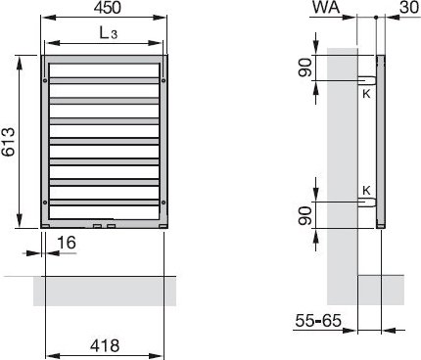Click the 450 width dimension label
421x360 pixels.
click(108, 8)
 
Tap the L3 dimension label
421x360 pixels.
click(109, 33)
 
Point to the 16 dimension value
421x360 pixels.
click(67, 243)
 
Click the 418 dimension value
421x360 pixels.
click(105, 345)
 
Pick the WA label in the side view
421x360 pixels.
click(326, 7)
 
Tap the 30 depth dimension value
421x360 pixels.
click(409, 7)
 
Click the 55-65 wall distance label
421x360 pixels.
click(318, 321)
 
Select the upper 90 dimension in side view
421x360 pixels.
click(305, 67)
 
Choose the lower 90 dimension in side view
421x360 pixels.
click(305, 216)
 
